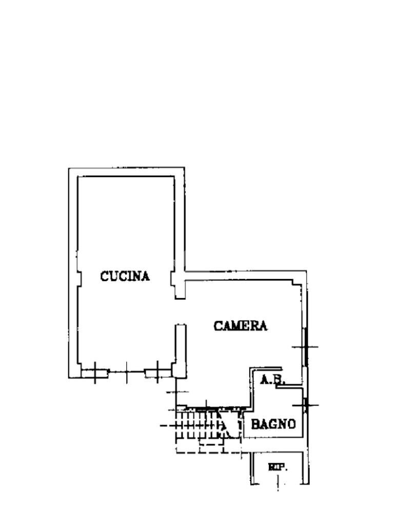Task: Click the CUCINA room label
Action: click(125, 276)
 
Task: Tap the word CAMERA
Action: click(241, 326)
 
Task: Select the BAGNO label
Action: click(273, 424)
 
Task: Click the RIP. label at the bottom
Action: click(278, 467)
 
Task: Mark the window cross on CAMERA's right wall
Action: click(305, 347)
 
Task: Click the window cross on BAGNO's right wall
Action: click(306, 405)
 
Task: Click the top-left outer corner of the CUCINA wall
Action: click(69, 168)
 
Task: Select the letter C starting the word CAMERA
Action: click(218, 326)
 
